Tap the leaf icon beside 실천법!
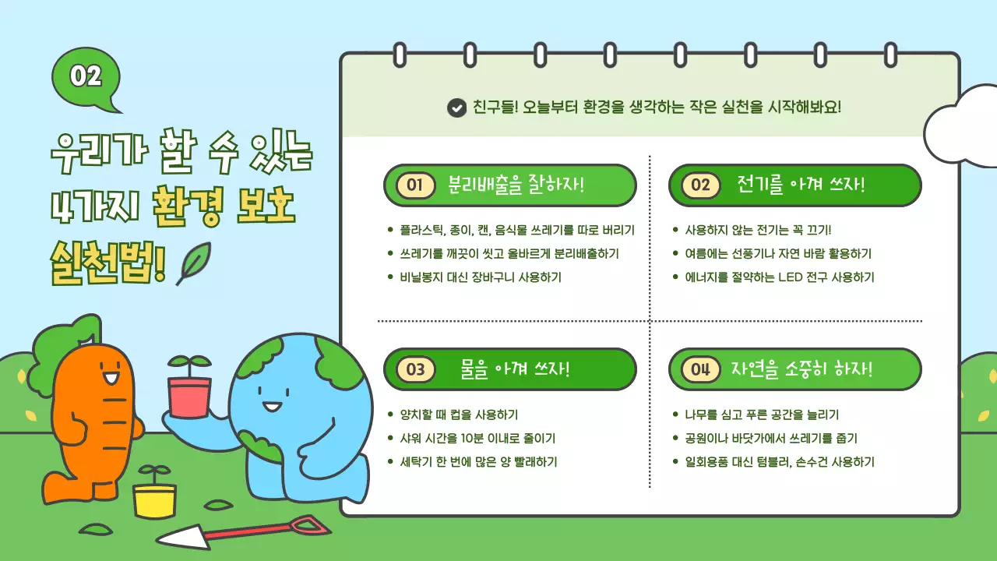pyautogui.click(x=192, y=263)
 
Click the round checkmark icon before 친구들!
pyautogui.click(x=456, y=108)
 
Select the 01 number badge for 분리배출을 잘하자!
pyautogui.click(x=414, y=185)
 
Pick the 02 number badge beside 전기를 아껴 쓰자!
pyautogui.click(x=700, y=185)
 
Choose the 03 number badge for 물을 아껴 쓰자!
pyautogui.click(x=415, y=369)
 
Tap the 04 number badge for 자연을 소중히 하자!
pyautogui.click(x=700, y=369)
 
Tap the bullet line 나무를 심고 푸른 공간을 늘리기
pyautogui.click(x=762, y=415)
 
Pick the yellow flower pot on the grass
pyautogui.click(x=154, y=499)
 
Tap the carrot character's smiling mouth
pyautogui.click(x=110, y=381)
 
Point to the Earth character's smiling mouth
pyautogui.click(x=272, y=407)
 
